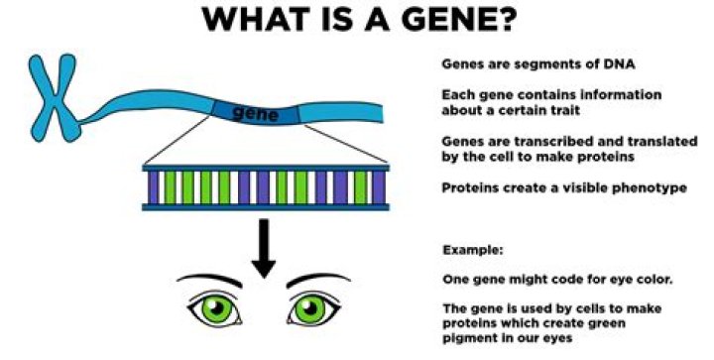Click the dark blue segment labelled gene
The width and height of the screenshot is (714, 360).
253,112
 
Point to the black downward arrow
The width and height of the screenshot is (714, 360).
263,246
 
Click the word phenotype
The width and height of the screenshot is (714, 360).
649,186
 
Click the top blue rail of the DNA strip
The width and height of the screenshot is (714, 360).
263,165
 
